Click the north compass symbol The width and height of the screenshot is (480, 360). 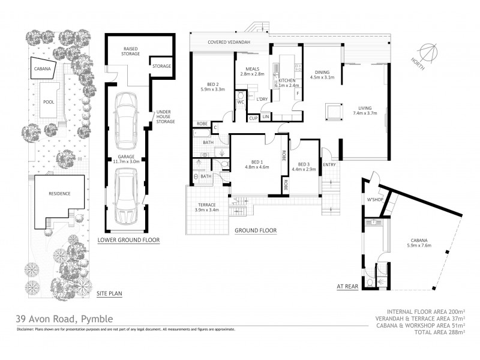(428, 52)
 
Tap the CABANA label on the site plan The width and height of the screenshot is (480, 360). (42, 69)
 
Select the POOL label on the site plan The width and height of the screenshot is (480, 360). (49, 103)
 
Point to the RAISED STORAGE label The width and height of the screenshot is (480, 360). (131, 50)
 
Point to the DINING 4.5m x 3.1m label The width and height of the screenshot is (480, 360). (322, 74)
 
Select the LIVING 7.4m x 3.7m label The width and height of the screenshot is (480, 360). (365, 109)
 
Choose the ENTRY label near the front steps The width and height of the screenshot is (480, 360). (330, 166)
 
